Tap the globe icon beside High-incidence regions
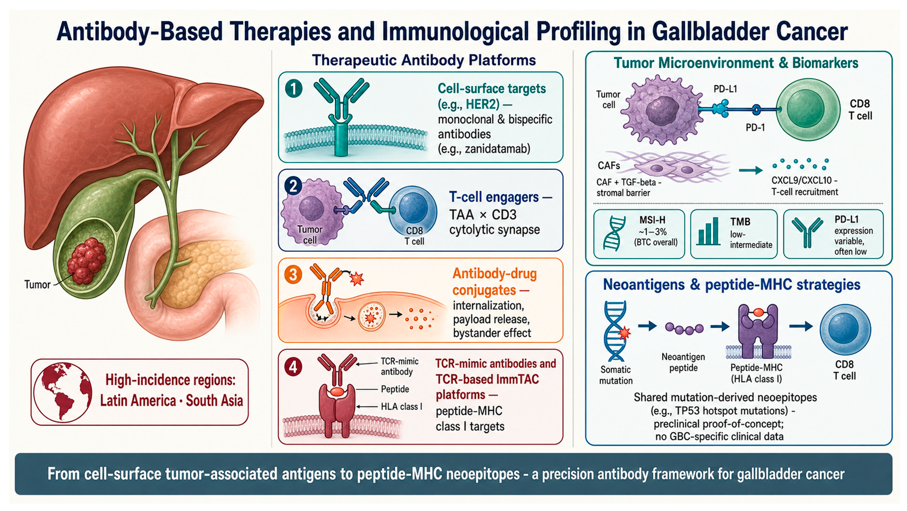62,392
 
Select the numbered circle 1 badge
294,88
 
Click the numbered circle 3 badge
293,275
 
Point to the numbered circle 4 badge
293,367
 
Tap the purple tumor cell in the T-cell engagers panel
311,211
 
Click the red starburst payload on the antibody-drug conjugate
357,278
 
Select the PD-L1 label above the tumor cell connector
725,89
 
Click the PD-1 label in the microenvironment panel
755,128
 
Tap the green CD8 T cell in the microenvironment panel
808,110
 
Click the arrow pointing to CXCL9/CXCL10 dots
751,170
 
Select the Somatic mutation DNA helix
616,331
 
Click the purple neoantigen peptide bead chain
684,329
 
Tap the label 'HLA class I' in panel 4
401,407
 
